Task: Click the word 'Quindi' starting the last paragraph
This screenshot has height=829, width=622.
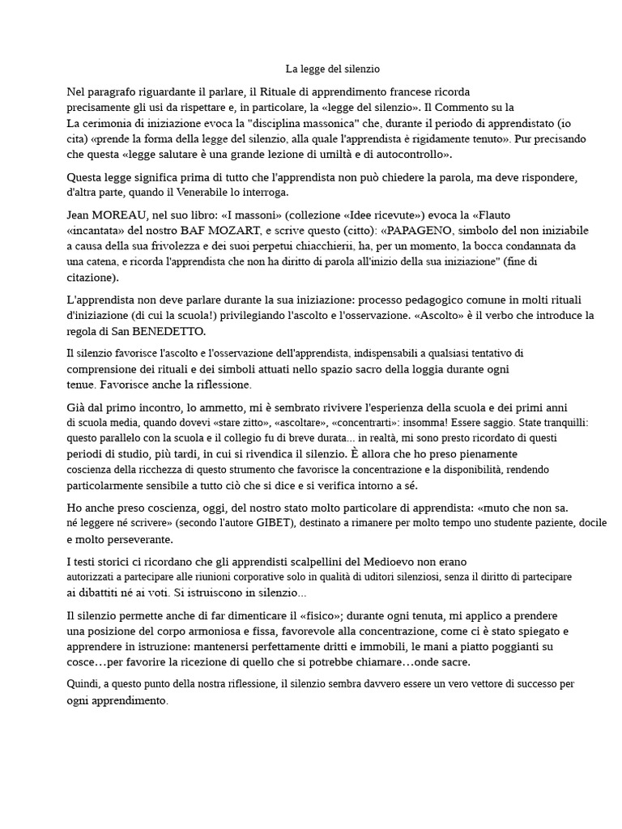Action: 83,684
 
